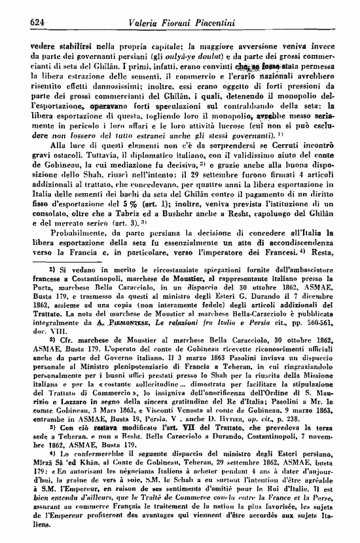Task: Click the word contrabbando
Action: point(246,106)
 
